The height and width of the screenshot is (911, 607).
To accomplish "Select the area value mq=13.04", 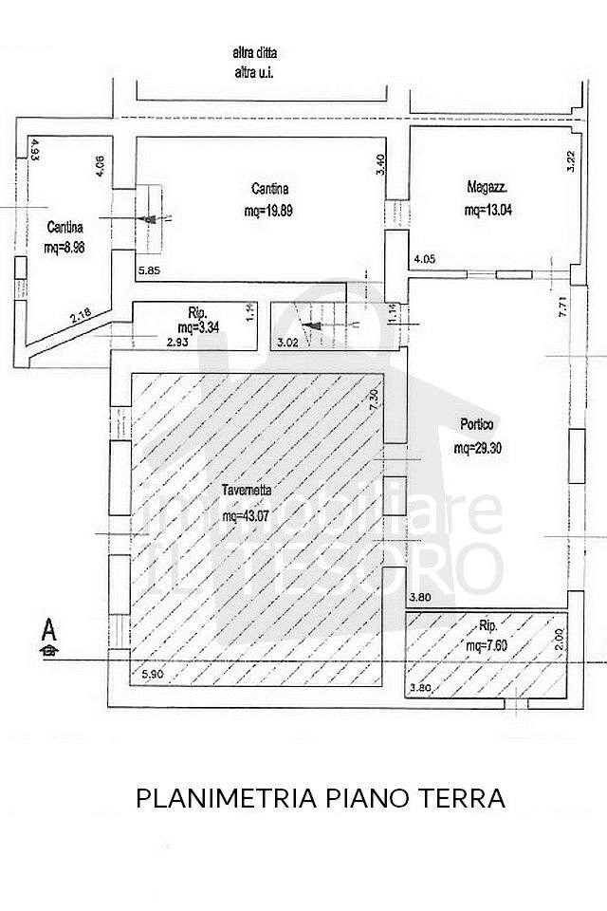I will tap(489, 210).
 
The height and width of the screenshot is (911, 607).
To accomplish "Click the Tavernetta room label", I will tap(248, 491).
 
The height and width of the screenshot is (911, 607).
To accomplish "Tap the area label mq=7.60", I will tap(487, 646).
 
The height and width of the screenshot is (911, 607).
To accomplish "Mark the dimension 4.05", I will tap(423, 258).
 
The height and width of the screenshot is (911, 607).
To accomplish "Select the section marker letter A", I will tap(47, 628).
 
